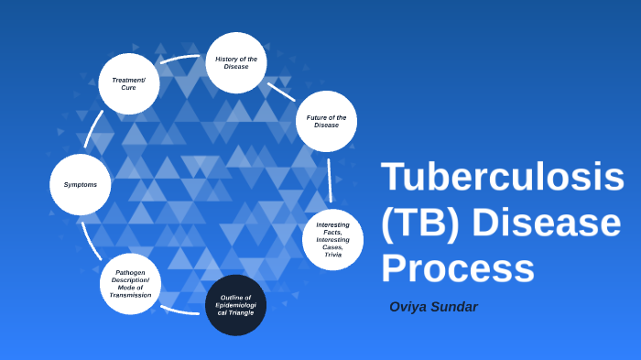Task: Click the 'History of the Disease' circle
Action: click(236, 62)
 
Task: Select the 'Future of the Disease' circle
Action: click(326, 121)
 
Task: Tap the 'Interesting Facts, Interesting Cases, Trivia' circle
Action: click(332, 240)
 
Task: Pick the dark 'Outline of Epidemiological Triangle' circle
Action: click(235, 305)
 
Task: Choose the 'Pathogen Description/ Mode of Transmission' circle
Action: click(130, 284)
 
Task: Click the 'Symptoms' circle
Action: click(81, 184)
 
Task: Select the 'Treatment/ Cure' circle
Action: click(129, 83)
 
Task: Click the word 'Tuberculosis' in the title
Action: click(502, 177)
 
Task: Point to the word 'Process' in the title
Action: click(457, 268)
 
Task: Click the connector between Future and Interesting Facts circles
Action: click(330, 180)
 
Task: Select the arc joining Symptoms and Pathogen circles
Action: click(89, 237)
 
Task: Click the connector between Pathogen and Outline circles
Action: click(180, 311)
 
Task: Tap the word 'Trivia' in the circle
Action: click(332, 256)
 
